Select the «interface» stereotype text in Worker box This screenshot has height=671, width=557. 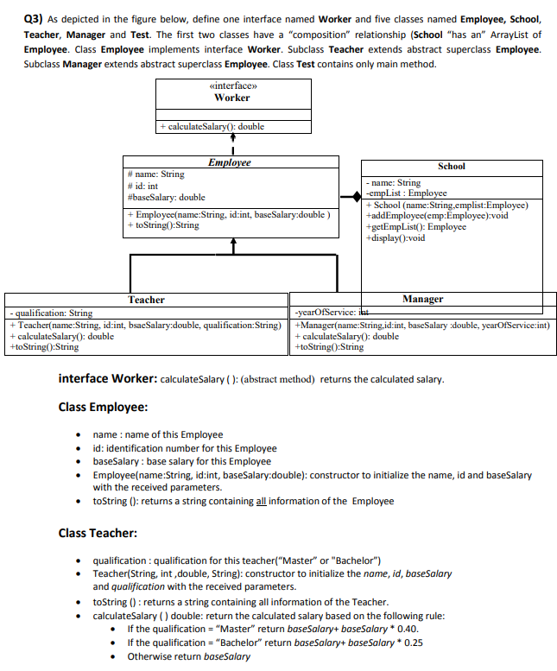coord(232,85)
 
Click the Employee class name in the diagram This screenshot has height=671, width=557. coord(230,162)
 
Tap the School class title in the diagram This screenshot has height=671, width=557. coord(451,166)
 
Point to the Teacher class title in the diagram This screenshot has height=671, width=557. coord(146,300)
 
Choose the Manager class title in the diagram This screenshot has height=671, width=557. coord(422,300)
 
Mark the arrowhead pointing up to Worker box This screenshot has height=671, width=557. coord(232,136)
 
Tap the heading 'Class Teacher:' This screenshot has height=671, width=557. coord(96,533)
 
